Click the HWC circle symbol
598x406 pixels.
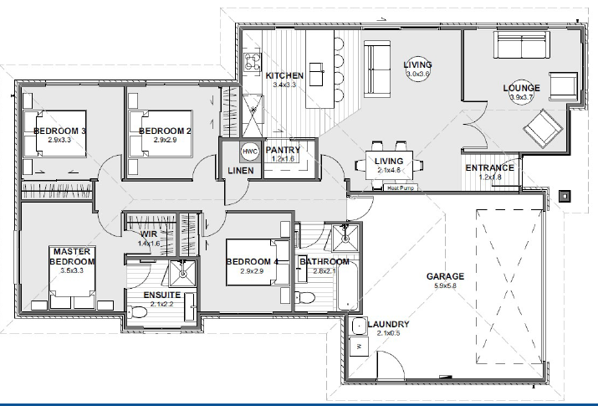pos(249,151)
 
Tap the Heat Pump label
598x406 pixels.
pos(401,188)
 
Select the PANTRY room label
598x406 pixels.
pos(282,150)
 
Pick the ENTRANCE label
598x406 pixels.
pos(489,167)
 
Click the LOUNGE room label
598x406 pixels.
pos(521,88)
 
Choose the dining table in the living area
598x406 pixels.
pos(390,163)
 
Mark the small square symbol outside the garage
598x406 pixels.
pos(566,197)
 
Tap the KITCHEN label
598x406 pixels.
pos(284,76)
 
